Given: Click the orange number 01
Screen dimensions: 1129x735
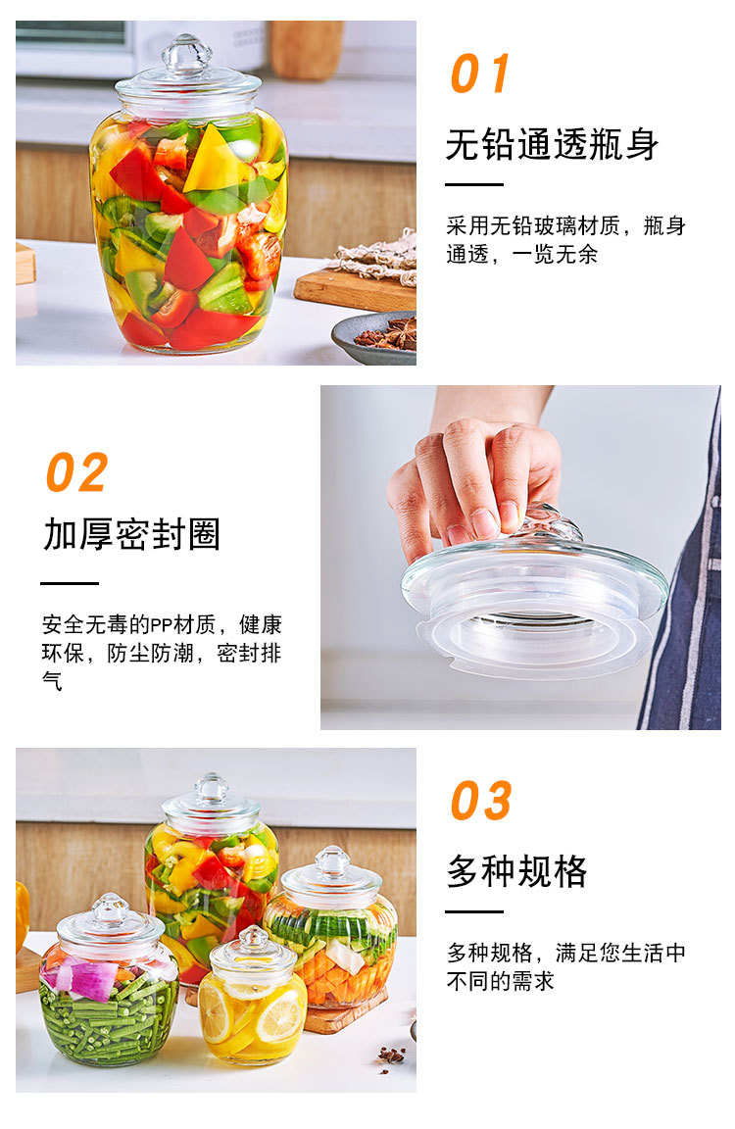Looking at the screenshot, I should coord(480,74).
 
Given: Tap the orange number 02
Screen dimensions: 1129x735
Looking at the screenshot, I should coord(76,473).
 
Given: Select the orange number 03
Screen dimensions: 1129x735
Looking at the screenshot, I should coord(481,802).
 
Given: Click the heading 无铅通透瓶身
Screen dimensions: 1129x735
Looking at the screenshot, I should coord(552,145).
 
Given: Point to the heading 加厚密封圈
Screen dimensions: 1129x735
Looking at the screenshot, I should coord(131,534).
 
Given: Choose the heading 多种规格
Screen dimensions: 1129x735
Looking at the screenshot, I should coord(516,870).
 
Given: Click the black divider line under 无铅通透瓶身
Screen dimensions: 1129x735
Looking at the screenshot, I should coord(474,184).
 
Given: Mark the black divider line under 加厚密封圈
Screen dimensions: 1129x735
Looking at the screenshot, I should coord(70,583).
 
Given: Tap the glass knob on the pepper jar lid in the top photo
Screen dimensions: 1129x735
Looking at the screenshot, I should coord(186,54).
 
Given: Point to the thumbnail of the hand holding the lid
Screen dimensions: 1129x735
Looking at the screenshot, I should coord(519,557).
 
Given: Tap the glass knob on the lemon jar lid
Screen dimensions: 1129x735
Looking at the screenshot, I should coord(253,938).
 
